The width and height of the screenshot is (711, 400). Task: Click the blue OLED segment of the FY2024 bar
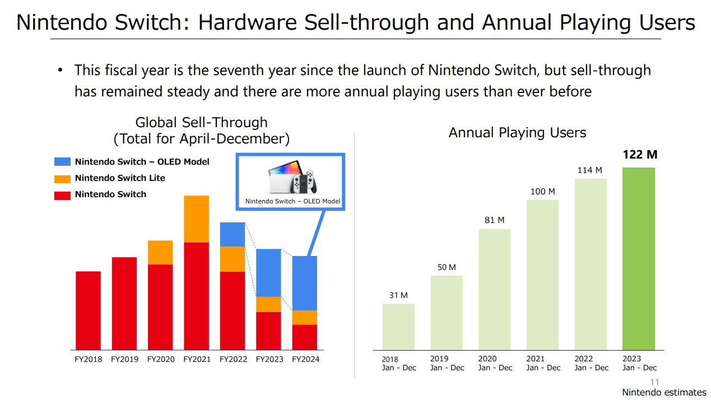(304, 283)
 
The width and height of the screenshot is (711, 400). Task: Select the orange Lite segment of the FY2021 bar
(197, 219)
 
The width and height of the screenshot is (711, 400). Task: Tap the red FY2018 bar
(88, 310)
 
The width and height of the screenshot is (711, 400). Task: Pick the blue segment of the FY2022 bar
(233, 235)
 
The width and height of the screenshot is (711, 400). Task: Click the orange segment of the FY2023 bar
(268, 304)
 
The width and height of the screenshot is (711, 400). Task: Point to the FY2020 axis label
(161, 359)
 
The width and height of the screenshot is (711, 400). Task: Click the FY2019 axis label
(124, 359)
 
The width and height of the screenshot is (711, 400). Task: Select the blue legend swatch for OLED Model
(62, 161)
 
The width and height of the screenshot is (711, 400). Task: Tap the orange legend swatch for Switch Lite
(62, 179)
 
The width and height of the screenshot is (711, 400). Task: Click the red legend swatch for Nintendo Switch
(62, 196)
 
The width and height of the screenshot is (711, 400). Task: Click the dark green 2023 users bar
(639, 259)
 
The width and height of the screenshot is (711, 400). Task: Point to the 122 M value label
(640, 155)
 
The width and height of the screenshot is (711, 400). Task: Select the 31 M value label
(398, 295)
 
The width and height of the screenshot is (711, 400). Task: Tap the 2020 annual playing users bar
(495, 290)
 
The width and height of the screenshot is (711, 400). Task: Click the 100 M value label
(543, 192)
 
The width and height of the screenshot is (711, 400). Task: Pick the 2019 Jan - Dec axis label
(447, 363)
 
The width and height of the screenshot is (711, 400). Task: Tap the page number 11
(654, 382)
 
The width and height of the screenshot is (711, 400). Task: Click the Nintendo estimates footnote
(664, 392)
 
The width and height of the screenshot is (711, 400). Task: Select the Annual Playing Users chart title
(517, 133)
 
